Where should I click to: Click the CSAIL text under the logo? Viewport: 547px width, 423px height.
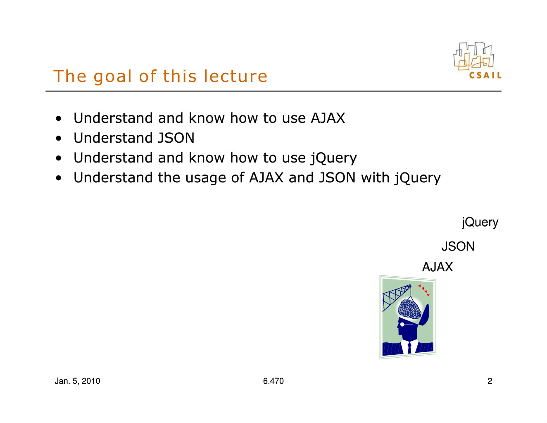(x=485, y=75)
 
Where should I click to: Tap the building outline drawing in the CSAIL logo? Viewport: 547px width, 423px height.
(x=473, y=56)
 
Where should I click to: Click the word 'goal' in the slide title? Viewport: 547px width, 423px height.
(x=112, y=76)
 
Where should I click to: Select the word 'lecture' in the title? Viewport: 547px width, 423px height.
(x=235, y=76)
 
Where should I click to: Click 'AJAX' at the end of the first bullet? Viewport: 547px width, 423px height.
(x=328, y=118)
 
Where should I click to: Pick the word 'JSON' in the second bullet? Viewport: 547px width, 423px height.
(x=176, y=138)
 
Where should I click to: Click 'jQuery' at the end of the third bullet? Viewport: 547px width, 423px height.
(x=333, y=158)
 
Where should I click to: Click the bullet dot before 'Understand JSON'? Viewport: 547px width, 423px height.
(x=58, y=139)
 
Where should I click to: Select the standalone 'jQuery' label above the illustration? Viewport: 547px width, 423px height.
(x=480, y=222)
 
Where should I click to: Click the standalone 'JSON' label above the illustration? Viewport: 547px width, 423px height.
(x=458, y=246)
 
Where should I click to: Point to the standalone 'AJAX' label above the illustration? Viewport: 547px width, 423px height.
(x=438, y=267)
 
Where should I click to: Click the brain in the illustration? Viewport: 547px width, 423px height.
(x=409, y=309)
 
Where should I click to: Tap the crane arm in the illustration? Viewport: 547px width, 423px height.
(x=397, y=297)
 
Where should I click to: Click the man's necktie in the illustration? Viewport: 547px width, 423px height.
(x=409, y=348)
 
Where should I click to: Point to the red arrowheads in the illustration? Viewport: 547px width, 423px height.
(x=423, y=290)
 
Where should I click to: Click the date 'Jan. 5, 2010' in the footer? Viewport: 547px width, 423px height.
(x=77, y=381)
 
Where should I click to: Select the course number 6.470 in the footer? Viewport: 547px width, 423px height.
(x=273, y=381)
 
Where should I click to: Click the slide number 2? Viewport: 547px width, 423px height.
(x=490, y=381)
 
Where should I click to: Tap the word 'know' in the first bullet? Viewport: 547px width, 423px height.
(x=207, y=118)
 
